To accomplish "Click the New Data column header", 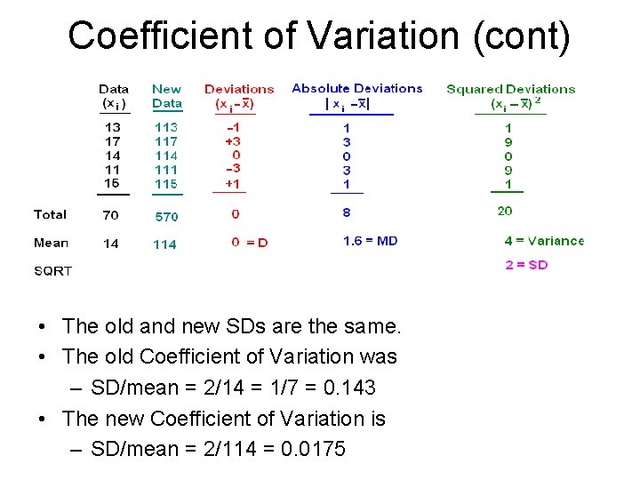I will (166, 96).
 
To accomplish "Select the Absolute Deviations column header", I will (357, 89).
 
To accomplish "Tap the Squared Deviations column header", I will (511, 89).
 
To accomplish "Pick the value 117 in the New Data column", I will (166, 140).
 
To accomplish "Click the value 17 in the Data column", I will (112, 140).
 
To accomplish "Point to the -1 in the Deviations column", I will (233, 126).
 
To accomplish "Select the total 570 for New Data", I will (166, 216).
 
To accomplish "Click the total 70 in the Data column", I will (111, 215).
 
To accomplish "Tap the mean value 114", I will (164, 244).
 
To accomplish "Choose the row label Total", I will (51, 214).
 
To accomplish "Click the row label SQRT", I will (53, 271).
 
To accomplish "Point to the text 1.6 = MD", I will (371, 241).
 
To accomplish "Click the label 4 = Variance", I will (544, 241).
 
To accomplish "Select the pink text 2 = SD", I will (526, 265).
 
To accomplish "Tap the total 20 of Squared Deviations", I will (505, 211).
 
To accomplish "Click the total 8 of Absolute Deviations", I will (347, 212).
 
